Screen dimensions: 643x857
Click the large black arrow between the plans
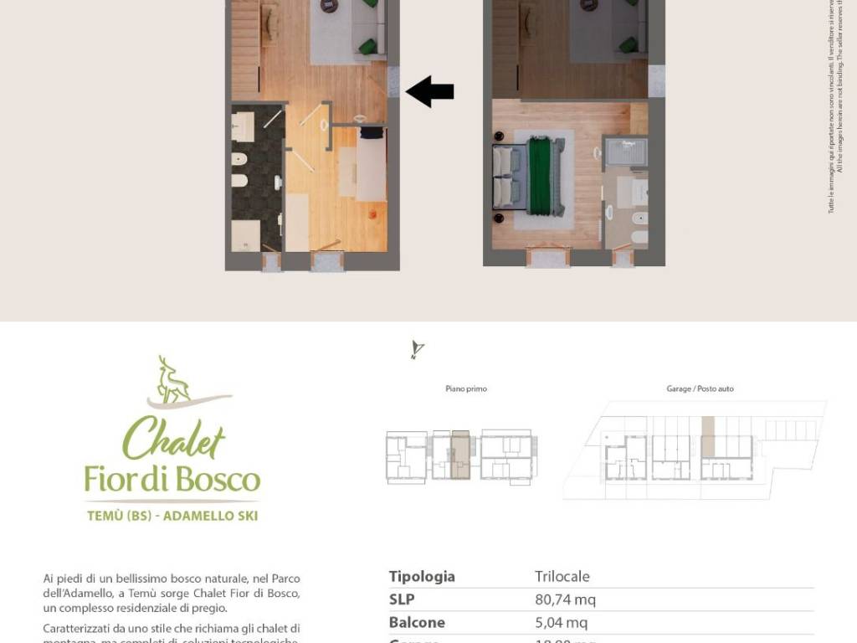430,91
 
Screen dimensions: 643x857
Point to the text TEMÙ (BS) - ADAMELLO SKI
172,516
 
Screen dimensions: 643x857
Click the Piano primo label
466,388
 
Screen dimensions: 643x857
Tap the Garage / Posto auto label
700,388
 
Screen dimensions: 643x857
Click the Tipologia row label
422,576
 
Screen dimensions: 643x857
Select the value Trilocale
562,576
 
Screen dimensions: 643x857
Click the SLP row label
402,599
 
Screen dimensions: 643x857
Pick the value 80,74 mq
565,599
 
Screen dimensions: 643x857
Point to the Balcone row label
417,622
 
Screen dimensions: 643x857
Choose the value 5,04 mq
561,622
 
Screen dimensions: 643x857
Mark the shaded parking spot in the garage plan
708,436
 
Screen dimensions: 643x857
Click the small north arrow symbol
416,350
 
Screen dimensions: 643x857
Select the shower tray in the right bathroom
625,154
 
